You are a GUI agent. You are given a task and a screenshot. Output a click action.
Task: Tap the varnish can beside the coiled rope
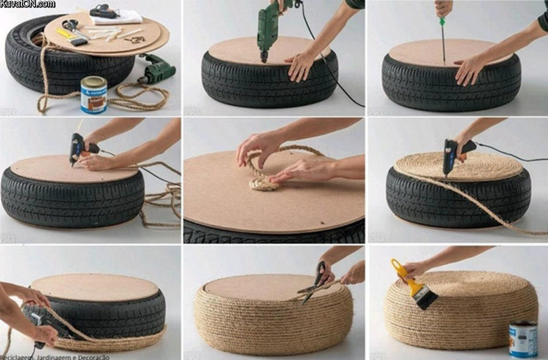coord(94,94)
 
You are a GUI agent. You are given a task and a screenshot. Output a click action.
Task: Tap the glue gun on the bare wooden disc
coord(79,149)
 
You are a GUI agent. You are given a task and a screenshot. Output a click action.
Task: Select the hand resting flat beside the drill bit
coord(301,65)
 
